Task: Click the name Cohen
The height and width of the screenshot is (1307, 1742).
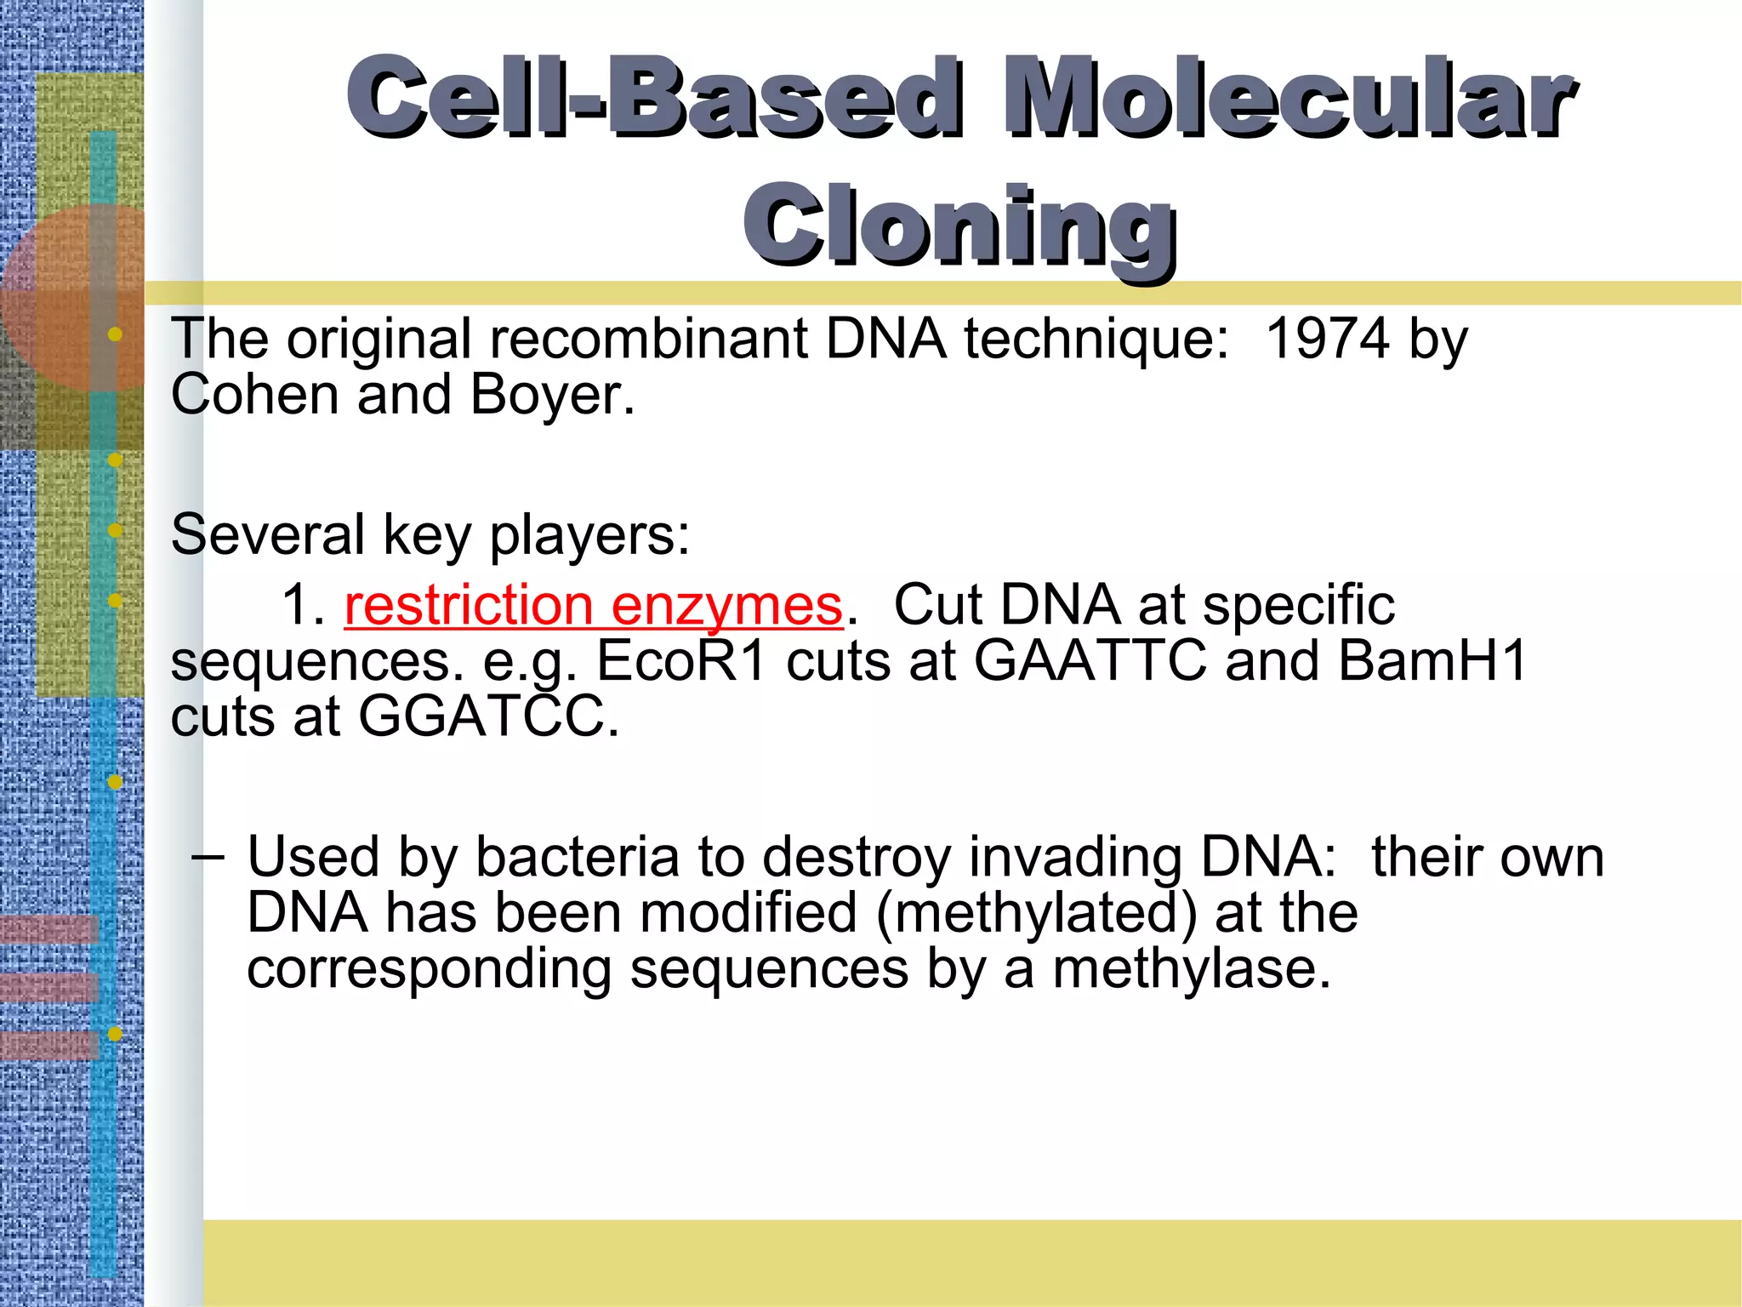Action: [x=254, y=395]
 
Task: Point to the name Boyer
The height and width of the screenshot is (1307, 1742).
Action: [x=552, y=395]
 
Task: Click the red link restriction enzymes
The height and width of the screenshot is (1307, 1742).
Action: [x=593, y=605]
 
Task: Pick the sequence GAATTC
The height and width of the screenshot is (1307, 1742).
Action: [x=1090, y=660]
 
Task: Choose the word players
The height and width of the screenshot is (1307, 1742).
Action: [x=589, y=535]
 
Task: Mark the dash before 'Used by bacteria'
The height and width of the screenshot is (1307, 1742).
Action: [x=208, y=855]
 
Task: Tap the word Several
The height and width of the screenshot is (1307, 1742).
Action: [x=267, y=535]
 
